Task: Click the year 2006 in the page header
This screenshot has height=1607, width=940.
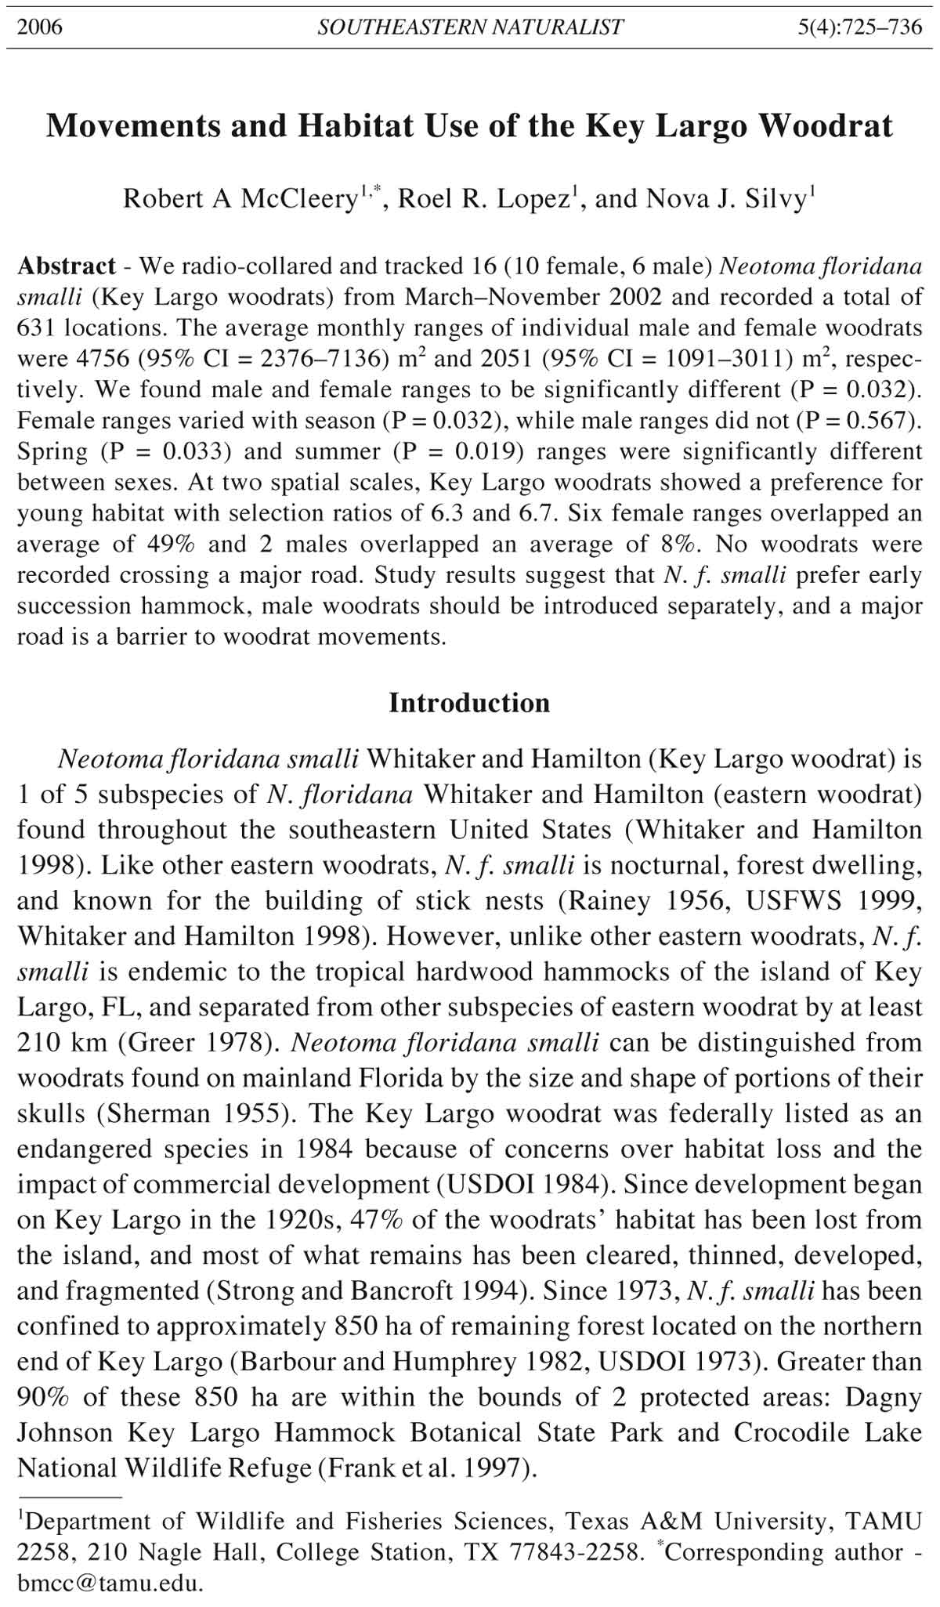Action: (40, 27)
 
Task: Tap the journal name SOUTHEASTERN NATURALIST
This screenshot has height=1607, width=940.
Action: (470, 27)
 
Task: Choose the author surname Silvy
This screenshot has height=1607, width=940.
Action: (772, 199)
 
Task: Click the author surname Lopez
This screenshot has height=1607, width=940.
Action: (529, 199)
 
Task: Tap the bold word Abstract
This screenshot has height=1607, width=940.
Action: (67, 266)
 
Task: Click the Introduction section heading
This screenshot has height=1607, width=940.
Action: (469, 702)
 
